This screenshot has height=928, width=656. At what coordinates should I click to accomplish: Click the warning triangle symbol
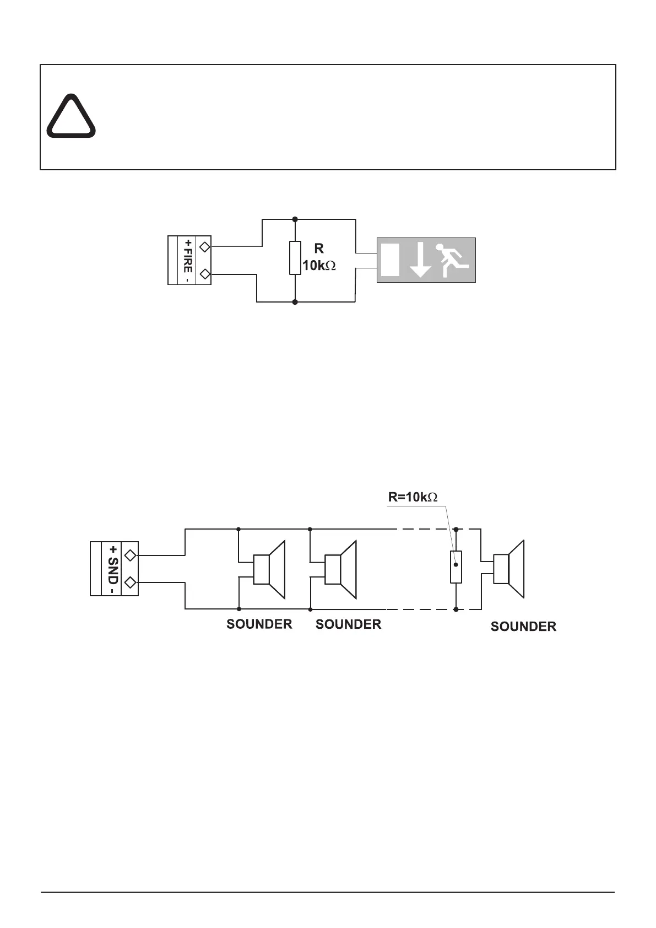tap(71, 117)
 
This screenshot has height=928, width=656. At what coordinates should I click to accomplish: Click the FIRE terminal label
tap(188, 261)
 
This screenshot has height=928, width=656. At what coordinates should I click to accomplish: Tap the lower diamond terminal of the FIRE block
tap(204, 274)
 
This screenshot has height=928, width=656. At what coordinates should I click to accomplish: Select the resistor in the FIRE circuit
tap(295, 257)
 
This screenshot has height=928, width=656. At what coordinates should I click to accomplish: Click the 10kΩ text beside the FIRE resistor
tap(319, 266)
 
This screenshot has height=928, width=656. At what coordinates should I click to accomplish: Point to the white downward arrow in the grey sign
tap(420, 260)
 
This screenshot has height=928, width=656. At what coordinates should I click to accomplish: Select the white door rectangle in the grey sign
tap(390, 260)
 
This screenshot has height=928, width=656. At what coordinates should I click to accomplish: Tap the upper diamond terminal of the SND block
tap(131, 555)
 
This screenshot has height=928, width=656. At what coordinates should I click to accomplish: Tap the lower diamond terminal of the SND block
tap(131, 582)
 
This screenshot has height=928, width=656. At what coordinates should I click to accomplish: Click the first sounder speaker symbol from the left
tap(269, 569)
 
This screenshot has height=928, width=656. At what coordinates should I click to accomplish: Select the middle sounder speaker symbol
tap(340, 569)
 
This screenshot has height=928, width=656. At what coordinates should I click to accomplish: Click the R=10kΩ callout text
tap(413, 497)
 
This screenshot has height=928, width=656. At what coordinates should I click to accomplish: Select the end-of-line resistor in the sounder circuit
tap(456, 566)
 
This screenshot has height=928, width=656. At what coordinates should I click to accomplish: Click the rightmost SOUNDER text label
tap(523, 627)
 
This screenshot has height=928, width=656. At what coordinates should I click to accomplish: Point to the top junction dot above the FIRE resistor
tap(296, 219)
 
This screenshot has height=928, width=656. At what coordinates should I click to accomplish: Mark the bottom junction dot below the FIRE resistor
tap(295, 303)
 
